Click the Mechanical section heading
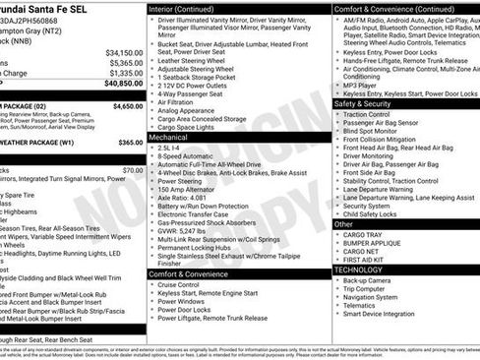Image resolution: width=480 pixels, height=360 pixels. tap(169, 139)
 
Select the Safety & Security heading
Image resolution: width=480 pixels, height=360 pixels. tap(363, 102)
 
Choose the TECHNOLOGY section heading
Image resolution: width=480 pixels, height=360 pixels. tap(358, 269)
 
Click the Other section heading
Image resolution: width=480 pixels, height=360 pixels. tap(344, 224)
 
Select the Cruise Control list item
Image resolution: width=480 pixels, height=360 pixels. tap(184, 284)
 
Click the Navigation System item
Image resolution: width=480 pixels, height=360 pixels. tap(379, 296)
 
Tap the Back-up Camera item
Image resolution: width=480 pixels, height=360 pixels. tap(374, 279)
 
